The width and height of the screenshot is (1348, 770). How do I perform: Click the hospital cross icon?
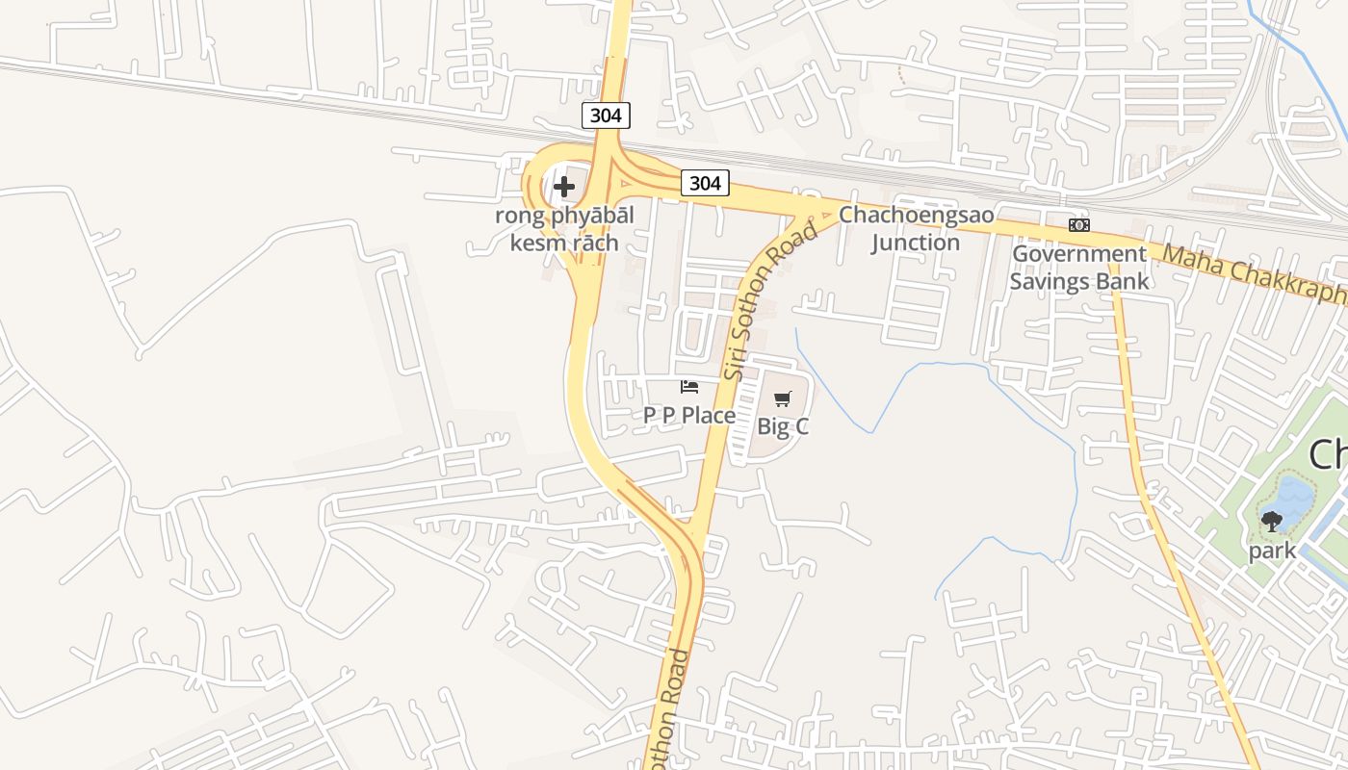pyautogui.click(x=564, y=186)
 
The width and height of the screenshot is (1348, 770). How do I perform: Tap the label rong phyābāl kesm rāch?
pyautogui.click(x=564, y=228)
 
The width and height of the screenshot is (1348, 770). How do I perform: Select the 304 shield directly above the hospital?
pyautogui.click(x=606, y=115)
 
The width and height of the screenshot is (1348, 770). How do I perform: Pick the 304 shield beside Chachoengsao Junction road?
pyautogui.click(x=705, y=183)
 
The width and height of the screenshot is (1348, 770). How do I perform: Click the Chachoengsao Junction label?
pyautogui.click(x=916, y=228)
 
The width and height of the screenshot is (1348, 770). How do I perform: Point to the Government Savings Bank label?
pyautogui.click(x=1078, y=267)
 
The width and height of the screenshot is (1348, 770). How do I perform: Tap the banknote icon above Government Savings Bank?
pyautogui.click(x=1079, y=224)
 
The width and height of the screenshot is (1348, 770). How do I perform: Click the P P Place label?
pyautogui.click(x=689, y=415)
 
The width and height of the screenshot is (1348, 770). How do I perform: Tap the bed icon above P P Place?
pyautogui.click(x=689, y=387)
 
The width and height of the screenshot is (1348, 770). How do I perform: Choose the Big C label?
pyautogui.click(x=783, y=426)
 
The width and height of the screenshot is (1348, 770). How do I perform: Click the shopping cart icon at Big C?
pyautogui.click(x=783, y=398)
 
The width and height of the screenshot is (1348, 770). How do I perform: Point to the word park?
pyautogui.click(x=1272, y=552)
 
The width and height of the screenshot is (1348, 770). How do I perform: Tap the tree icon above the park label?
pyautogui.click(x=1272, y=522)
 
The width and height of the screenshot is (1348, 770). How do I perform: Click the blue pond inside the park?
pyautogui.click(x=1293, y=497)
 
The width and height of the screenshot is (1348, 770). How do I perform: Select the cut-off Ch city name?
pyautogui.click(x=1329, y=453)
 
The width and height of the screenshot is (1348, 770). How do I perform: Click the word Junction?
pyautogui.click(x=916, y=242)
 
